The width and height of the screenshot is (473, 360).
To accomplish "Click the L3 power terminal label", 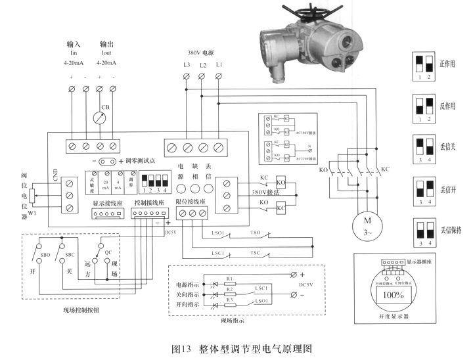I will pyautogui.click(x=187, y=64).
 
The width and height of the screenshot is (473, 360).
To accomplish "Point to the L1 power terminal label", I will pyautogui.click(x=219, y=64).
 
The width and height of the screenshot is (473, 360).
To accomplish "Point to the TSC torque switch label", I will pyautogui.click(x=254, y=252).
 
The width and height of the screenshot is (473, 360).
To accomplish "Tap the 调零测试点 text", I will pyautogui.click(x=141, y=160).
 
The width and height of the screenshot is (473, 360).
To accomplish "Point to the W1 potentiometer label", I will pyautogui.click(x=32, y=212).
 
